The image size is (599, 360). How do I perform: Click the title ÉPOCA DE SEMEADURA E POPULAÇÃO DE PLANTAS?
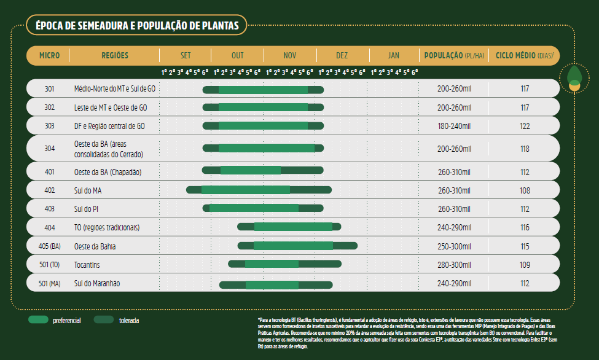(137, 26)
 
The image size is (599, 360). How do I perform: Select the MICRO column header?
(49, 55)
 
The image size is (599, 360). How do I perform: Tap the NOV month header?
(290, 55)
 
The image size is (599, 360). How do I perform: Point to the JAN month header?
(394, 55)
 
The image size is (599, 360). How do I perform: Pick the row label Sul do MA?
(88, 190)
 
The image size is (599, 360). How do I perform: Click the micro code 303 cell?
(49, 126)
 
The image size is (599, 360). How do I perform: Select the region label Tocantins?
(87, 265)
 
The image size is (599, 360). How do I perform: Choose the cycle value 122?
(525, 126)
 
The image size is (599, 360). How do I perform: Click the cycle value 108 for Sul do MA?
(525, 190)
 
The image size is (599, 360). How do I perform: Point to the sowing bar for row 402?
(259, 190)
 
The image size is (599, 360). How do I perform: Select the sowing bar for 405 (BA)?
(297, 246)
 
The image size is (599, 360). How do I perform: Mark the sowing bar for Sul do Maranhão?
(276, 284)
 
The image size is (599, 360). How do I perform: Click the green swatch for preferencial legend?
(38, 320)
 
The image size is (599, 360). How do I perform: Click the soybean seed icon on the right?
(574, 77)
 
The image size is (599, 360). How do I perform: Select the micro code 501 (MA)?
(49, 283)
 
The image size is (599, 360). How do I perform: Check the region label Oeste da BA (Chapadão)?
(108, 171)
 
